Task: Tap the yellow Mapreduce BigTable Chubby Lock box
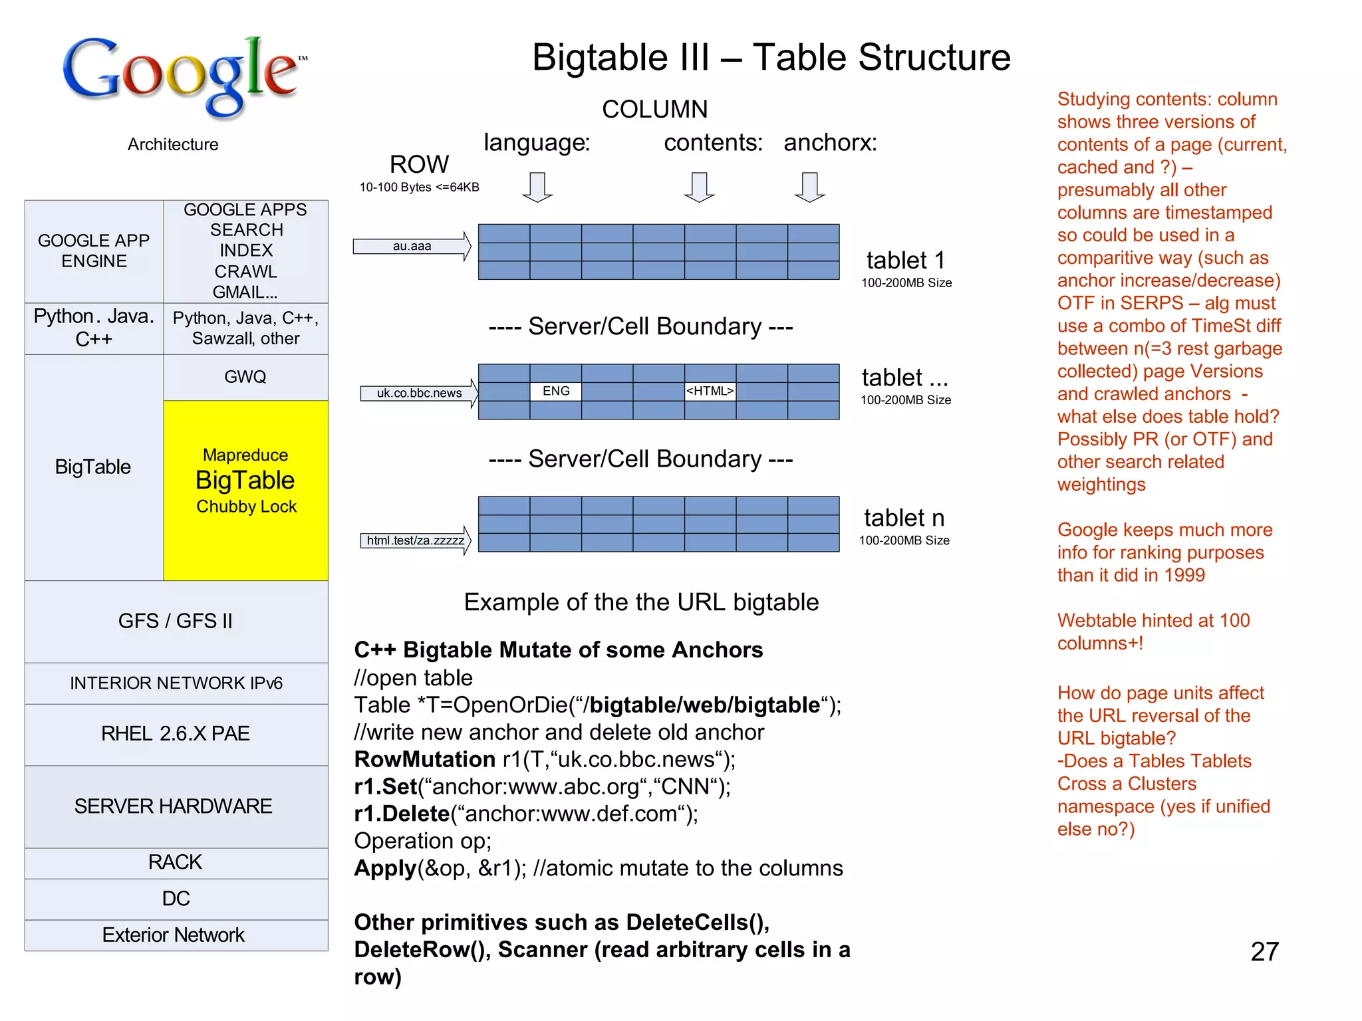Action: pyautogui.click(x=245, y=490)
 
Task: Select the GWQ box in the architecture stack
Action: pyautogui.click(x=245, y=377)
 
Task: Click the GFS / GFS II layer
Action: pyautogui.click(x=176, y=621)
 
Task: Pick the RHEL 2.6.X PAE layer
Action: pyautogui.click(x=176, y=733)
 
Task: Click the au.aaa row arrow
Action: pyautogui.click(x=412, y=247)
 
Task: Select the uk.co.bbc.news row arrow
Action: pyautogui.click(x=419, y=393)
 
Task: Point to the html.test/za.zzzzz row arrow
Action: pyautogui.click(x=416, y=540)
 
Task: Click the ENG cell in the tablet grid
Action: pyautogui.click(x=556, y=391)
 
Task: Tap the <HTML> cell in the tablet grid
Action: pyautogui.click(x=710, y=391)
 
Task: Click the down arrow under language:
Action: pyautogui.click(x=537, y=187)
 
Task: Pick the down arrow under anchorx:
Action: pyautogui.click(x=809, y=187)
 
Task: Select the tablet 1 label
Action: pyautogui.click(x=905, y=260)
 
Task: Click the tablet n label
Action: pyautogui.click(x=904, y=518)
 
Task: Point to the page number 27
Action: pyautogui.click(x=1264, y=951)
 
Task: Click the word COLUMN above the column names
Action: pyautogui.click(x=654, y=109)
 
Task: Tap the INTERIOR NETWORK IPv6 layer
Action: pyautogui.click(x=176, y=683)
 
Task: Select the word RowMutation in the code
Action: pyautogui.click(x=424, y=759)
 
